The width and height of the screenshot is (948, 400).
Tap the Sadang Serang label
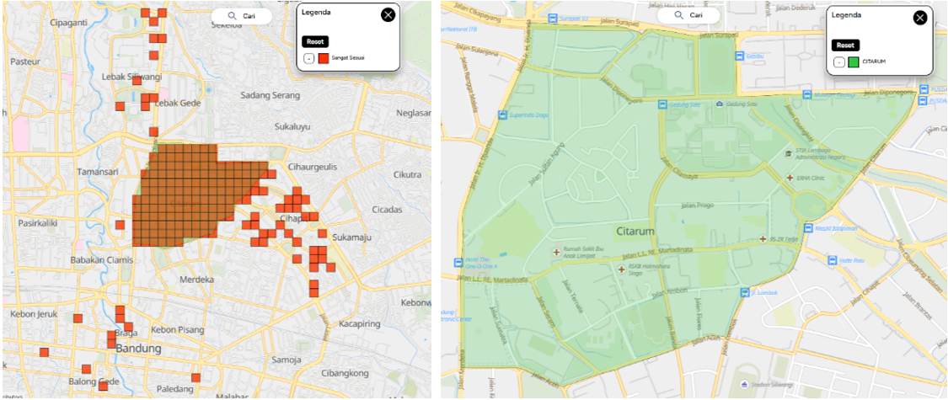point(270,94)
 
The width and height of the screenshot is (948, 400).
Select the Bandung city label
point(138,348)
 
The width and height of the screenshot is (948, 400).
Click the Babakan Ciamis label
point(101,259)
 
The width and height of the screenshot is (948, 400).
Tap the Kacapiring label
point(362,323)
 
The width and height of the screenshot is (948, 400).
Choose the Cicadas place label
point(391,208)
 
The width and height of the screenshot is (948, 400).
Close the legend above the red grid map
point(388,14)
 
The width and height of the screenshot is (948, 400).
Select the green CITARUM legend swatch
point(853,61)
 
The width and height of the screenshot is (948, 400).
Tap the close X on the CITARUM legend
point(919,17)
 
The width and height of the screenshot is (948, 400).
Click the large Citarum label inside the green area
point(634,229)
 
